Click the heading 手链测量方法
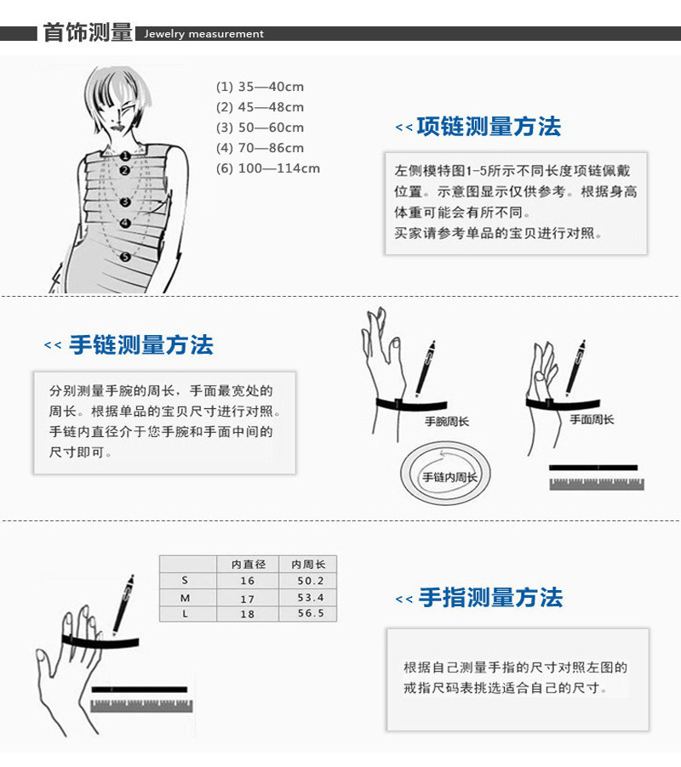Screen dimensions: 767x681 point(140,345)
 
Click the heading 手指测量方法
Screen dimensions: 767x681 point(490,598)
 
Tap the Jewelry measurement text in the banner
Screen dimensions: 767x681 point(204,34)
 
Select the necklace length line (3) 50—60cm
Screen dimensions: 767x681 point(260,128)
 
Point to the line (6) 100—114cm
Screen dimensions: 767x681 point(268,168)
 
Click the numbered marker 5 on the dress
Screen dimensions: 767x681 point(125,256)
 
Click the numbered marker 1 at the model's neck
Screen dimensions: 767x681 point(124,156)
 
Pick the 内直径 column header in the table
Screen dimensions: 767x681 point(248,564)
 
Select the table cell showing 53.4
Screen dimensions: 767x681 point(307,598)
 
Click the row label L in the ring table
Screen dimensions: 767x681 point(185,614)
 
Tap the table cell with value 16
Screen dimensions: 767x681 point(248,581)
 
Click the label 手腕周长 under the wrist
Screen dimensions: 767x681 point(447,422)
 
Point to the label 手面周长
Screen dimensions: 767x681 point(592,419)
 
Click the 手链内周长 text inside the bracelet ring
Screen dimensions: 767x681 point(449,477)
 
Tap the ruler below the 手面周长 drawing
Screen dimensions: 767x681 point(596,484)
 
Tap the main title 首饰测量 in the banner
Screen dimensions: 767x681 point(88,33)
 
